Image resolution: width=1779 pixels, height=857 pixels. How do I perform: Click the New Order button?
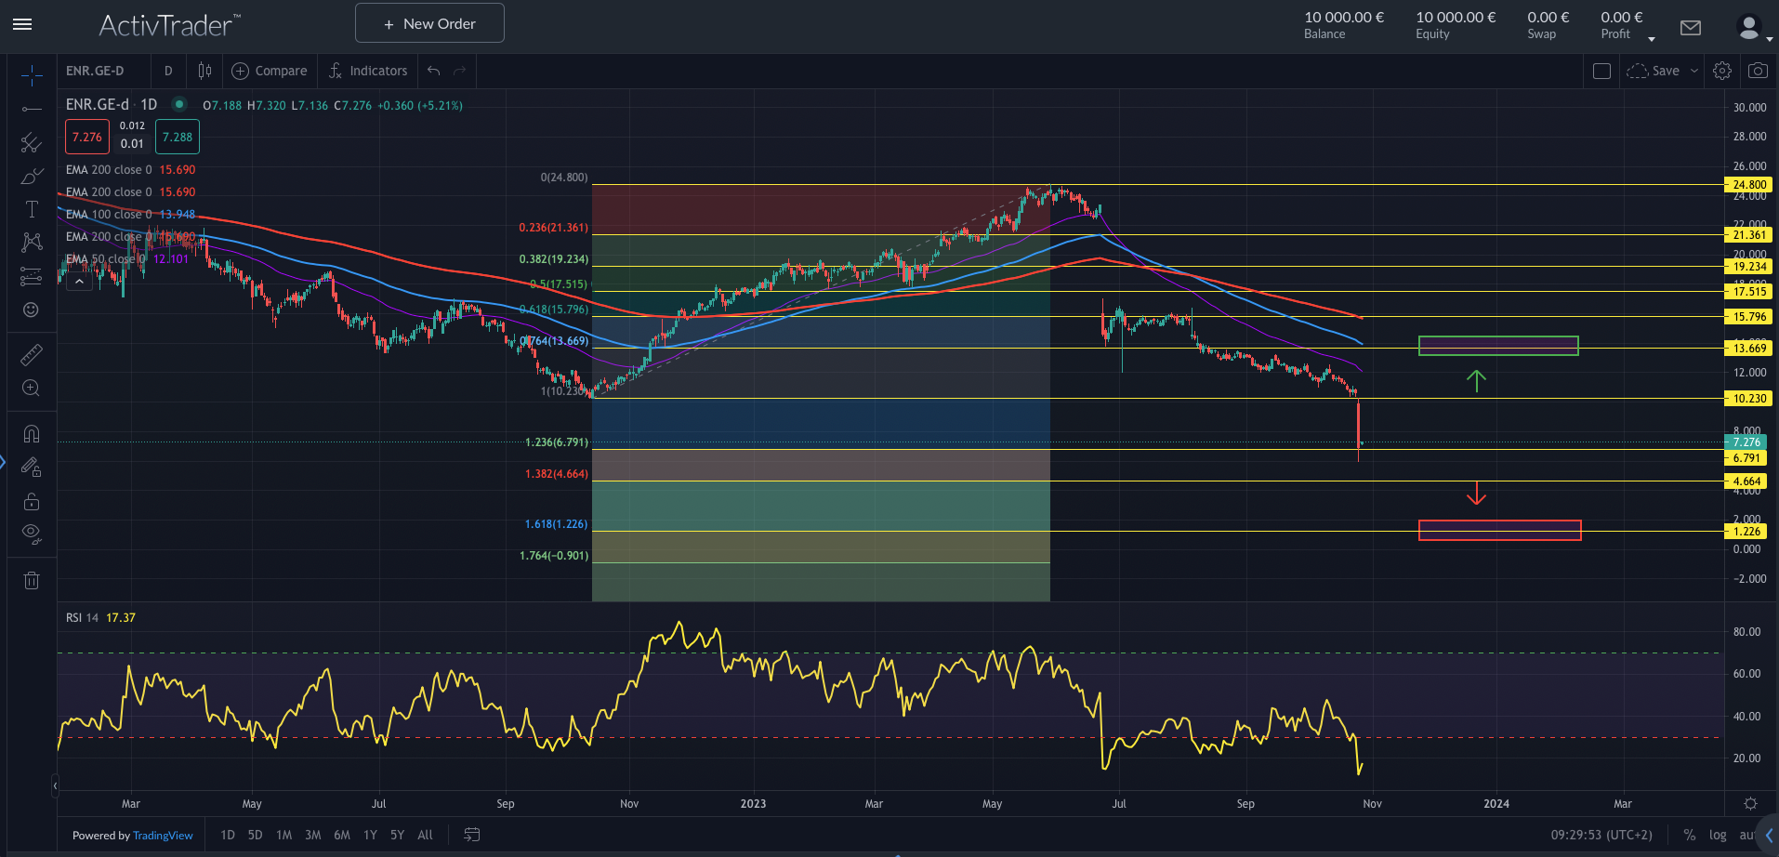tap(429, 23)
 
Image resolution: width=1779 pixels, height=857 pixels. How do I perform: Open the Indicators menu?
tap(368, 71)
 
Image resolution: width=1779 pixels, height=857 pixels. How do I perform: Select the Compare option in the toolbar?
tap(270, 71)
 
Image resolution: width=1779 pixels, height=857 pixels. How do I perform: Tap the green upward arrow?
tap(1476, 380)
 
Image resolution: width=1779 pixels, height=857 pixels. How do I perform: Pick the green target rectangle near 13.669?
tap(1498, 346)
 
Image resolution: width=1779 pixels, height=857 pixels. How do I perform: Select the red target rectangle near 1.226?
tap(1499, 530)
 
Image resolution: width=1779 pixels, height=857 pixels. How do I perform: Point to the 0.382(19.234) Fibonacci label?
tap(553, 259)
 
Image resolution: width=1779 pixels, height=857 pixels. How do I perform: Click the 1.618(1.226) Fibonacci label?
tap(556, 524)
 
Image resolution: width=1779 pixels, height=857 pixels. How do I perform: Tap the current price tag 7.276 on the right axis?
tap(1746, 442)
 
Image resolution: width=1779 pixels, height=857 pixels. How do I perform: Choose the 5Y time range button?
tap(397, 835)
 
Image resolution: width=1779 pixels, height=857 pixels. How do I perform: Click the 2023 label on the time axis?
tap(753, 804)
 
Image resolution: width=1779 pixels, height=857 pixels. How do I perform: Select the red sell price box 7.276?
tap(87, 137)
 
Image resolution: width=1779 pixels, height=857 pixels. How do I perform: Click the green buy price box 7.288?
tap(178, 137)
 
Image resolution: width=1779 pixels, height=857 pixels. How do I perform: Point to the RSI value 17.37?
tap(121, 618)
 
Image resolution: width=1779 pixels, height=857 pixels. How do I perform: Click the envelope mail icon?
tap(1691, 28)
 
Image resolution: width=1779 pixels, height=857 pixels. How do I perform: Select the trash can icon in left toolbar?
tap(32, 581)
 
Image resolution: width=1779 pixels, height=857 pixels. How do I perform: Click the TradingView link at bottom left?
tap(163, 836)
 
